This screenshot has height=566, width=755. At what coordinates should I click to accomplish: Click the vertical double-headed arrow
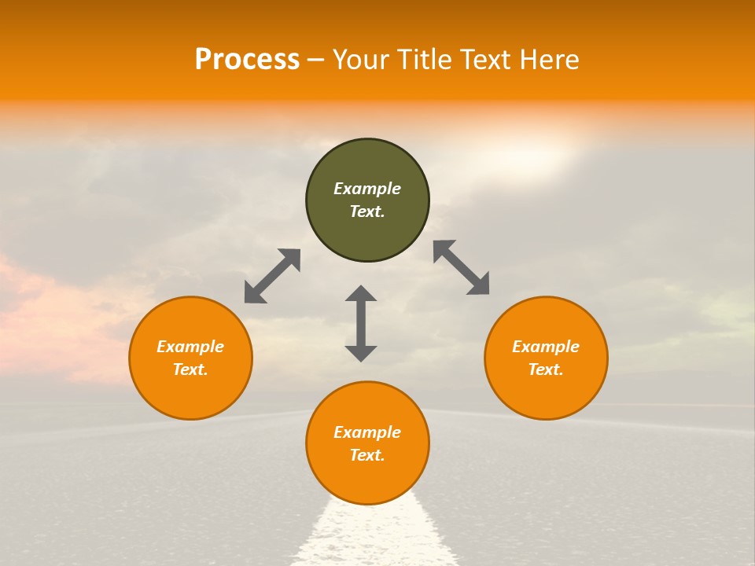(361, 324)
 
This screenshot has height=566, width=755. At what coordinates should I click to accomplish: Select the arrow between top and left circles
(272, 276)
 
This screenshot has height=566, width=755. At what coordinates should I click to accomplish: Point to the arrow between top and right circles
(462, 267)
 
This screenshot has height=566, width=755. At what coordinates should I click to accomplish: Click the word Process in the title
(247, 60)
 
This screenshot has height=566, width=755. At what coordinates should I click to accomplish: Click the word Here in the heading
(551, 60)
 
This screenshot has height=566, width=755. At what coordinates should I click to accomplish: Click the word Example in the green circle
(367, 189)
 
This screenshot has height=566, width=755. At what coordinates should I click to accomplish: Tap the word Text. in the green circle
(367, 211)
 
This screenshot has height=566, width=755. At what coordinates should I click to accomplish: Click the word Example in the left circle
(190, 347)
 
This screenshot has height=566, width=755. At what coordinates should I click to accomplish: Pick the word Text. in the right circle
(546, 369)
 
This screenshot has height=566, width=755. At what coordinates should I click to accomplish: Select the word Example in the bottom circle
(367, 432)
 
